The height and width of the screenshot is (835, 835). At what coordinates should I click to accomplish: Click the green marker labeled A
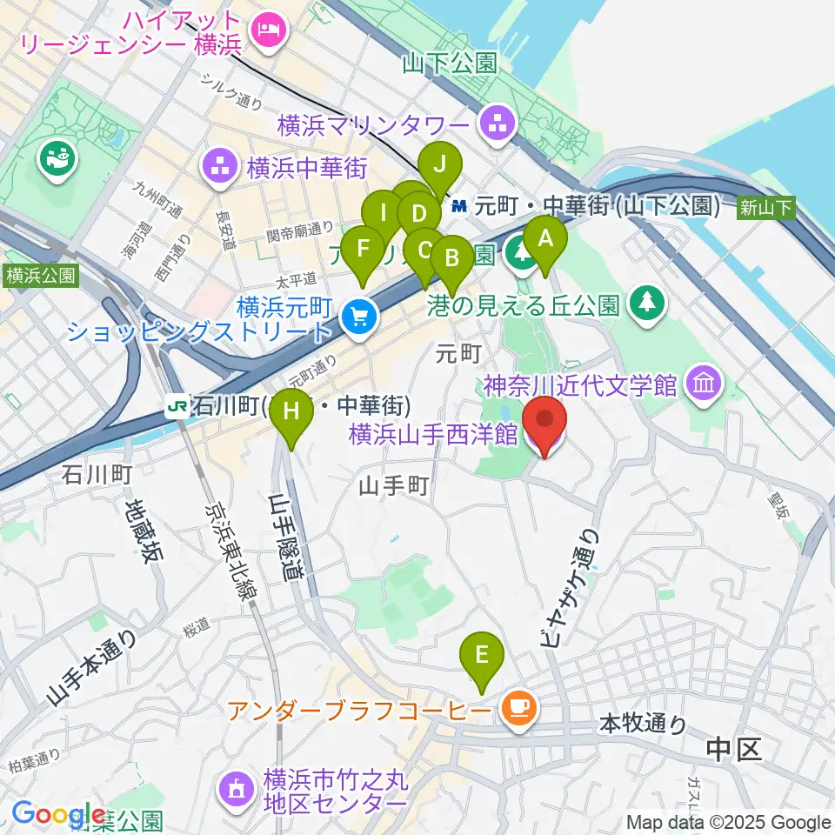click(545, 237)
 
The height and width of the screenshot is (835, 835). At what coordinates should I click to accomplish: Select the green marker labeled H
click(292, 409)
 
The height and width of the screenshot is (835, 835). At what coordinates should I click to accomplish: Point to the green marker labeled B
click(451, 258)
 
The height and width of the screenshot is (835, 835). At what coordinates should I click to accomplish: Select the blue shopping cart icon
click(357, 317)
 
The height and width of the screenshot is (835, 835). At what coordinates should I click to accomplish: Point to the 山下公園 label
click(450, 63)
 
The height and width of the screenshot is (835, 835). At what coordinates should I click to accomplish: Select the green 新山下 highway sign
click(766, 207)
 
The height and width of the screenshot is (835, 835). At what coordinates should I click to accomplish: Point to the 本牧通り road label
click(643, 724)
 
